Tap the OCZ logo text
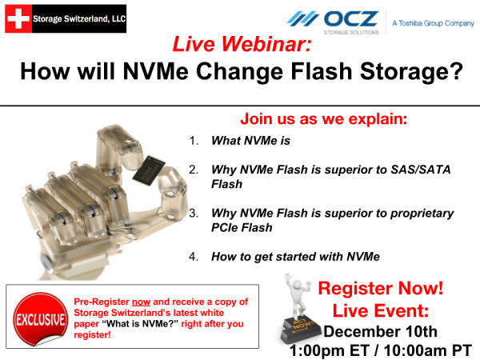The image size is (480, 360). point(351,18)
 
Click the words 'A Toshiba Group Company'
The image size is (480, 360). point(433,24)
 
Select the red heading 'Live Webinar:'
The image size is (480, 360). point(240,46)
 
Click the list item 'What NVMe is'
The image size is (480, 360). point(250,141)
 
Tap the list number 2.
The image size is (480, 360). point(194,170)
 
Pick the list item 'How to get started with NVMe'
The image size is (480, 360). point(294,257)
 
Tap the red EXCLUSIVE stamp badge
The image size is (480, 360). point(36,319)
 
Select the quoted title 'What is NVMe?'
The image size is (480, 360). point(142,324)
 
